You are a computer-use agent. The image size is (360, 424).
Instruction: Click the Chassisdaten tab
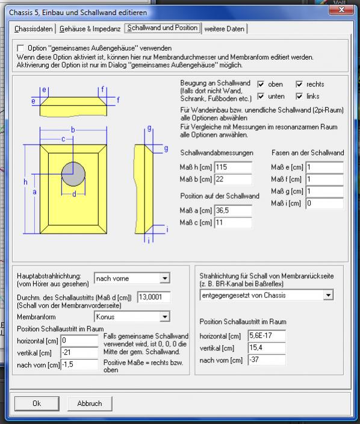point(34,29)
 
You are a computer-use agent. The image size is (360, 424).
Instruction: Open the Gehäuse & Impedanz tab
point(90,29)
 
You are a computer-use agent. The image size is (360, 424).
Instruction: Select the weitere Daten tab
point(225,29)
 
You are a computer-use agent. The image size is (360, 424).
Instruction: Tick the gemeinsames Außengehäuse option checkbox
point(20,48)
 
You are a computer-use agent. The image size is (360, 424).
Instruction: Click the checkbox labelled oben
point(261,84)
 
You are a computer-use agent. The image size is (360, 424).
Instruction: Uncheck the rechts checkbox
point(299,84)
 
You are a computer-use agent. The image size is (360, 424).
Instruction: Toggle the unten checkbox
point(261,96)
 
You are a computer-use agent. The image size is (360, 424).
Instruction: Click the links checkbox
point(299,96)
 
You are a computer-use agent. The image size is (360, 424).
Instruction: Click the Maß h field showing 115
point(233,167)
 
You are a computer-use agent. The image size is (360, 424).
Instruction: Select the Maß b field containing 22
point(233,179)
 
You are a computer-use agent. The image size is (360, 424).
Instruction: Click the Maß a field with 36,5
point(233,210)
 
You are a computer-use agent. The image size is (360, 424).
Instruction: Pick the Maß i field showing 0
point(324,203)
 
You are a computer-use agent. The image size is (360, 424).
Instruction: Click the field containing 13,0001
point(154,297)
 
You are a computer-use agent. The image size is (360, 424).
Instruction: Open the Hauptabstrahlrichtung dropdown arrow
point(164,278)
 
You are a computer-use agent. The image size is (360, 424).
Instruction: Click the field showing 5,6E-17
point(267,335)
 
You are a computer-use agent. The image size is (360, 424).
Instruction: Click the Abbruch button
point(90,404)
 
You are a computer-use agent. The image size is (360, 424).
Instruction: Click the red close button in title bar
point(341,10)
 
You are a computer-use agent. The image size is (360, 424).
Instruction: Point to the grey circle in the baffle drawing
point(73,174)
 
